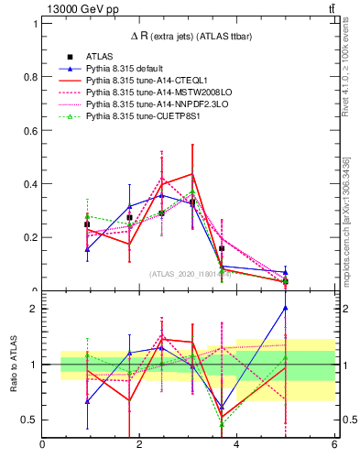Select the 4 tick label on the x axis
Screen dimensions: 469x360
[236, 445]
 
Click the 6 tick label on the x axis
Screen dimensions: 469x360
[333, 445]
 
